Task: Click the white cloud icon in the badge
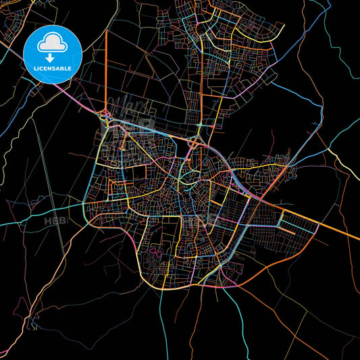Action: (53, 43)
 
